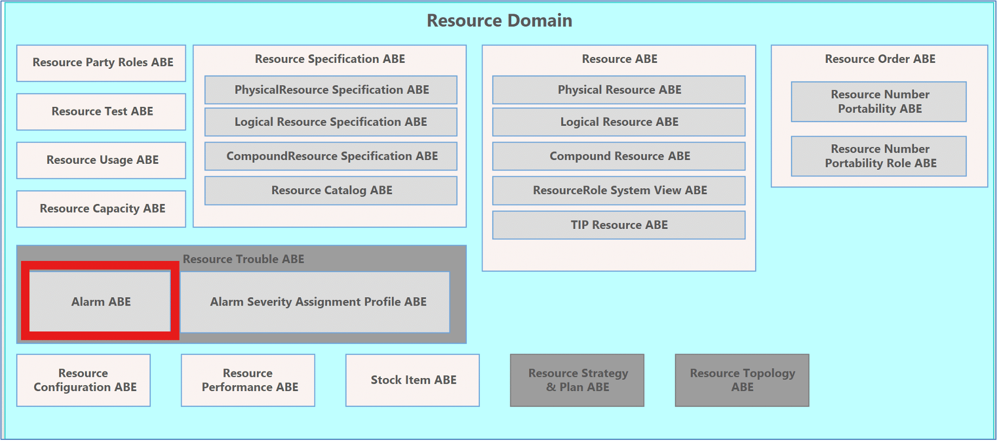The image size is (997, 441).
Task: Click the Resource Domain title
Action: click(499, 21)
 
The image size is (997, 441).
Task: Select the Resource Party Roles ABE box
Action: click(101, 63)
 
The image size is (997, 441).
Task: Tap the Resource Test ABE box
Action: click(101, 112)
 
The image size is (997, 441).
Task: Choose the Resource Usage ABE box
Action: click(101, 160)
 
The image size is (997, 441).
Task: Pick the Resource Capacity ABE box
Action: click(101, 209)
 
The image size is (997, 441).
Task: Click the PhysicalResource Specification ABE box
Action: click(331, 90)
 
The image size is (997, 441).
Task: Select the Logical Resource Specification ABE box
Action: click(331, 122)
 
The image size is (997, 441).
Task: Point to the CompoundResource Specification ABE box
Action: click(331, 156)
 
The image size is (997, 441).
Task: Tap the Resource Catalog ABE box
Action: click(331, 190)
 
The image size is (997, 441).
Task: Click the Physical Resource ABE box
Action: click(619, 90)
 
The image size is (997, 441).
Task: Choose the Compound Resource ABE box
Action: click(619, 156)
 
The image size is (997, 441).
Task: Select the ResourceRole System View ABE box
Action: click(619, 190)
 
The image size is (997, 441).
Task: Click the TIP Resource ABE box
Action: click(619, 225)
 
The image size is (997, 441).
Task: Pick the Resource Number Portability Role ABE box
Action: click(879, 156)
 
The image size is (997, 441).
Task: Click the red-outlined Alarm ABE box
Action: click(100, 301)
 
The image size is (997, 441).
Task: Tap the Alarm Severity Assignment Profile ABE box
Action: click(315, 302)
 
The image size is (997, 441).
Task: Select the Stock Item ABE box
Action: click(413, 380)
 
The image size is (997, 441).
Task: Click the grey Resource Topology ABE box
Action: click(742, 380)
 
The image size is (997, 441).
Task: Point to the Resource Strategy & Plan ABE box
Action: click(577, 380)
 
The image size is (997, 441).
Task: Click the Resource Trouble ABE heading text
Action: click(243, 259)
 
